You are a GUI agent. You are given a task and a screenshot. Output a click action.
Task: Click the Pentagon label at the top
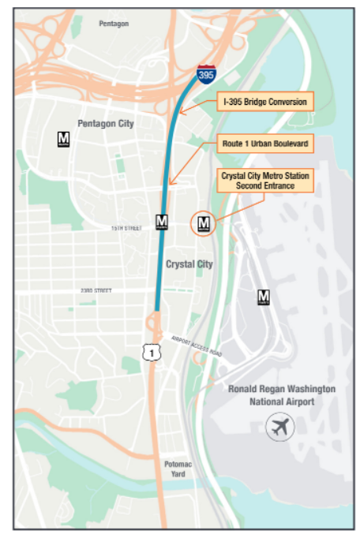point(114,24)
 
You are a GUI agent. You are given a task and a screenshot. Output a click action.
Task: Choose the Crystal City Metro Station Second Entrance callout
point(265,181)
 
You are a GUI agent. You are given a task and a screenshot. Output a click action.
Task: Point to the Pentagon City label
point(105,124)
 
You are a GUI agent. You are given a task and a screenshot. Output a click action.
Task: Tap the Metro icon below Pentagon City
point(64,139)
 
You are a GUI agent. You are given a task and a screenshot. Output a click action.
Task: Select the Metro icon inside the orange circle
point(204,223)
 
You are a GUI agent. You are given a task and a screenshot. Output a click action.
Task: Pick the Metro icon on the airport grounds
point(264,297)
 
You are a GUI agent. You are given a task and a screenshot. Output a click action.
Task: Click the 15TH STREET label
point(126,228)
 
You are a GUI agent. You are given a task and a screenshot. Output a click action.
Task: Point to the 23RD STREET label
point(96,290)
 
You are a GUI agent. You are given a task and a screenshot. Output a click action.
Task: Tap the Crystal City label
point(189,264)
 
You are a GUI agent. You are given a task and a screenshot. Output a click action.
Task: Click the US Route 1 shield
point(150,353)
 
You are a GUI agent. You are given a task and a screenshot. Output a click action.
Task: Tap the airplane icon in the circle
point(278,428)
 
